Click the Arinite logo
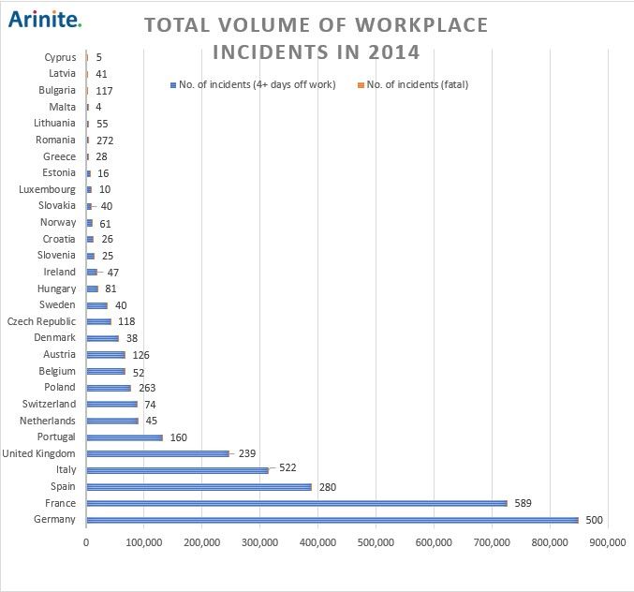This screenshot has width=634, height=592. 44,18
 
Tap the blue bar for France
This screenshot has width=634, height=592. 296,503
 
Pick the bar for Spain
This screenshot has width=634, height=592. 199,487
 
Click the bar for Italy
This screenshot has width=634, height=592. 177,470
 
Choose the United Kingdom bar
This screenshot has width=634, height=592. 157,453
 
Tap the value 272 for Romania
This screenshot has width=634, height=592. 105,141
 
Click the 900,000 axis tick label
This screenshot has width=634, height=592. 608,541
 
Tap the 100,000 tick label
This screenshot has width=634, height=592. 144,541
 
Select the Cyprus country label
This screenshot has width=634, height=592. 60,57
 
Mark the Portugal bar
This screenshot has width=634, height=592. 125,437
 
